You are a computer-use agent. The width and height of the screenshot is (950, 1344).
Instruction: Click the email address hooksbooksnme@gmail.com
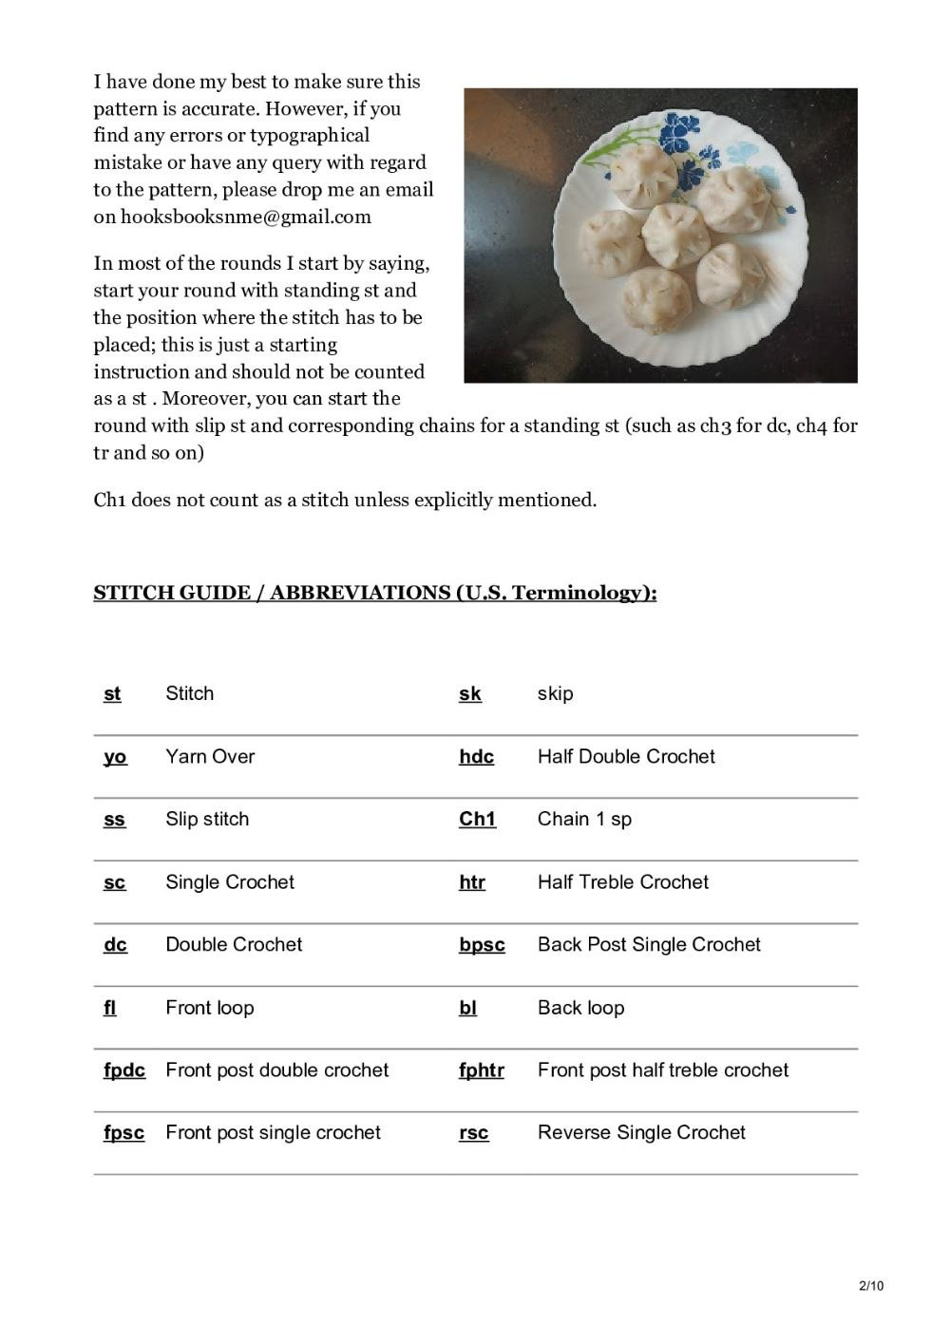point(246,217)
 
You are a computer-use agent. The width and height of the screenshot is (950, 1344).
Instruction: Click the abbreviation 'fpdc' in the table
point(124,1070)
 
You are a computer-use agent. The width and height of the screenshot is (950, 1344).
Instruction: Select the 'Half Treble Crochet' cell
point(623,882)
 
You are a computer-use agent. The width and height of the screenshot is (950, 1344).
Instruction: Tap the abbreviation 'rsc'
point(474,1133)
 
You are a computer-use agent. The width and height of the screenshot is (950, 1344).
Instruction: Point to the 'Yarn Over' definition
point(210,757)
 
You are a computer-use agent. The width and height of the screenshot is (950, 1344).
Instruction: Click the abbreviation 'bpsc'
point(482,945)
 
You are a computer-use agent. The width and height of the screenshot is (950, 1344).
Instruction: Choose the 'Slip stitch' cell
point(207,820)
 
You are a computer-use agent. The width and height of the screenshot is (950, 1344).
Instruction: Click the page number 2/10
point(871,1286)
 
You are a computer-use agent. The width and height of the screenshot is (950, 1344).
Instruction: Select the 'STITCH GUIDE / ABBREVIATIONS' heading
point(375,593)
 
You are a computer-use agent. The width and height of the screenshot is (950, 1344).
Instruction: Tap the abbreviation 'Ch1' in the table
point(477,820)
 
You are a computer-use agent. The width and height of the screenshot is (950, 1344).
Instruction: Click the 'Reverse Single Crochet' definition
point(641,1133)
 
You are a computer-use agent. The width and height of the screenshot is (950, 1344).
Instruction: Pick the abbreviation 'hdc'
point(476,757)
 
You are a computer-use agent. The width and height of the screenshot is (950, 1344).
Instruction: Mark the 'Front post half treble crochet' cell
point(663,1070)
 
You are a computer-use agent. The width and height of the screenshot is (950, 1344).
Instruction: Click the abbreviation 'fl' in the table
point(110,1008)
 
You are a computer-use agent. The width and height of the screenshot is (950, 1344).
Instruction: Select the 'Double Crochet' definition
point(234,945)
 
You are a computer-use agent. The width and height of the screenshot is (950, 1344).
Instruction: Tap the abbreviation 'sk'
point(470,694)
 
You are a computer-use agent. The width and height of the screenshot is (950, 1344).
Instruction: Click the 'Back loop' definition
point(580,1008)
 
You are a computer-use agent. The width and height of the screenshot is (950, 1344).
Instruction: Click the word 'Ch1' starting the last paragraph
point(109,501)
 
